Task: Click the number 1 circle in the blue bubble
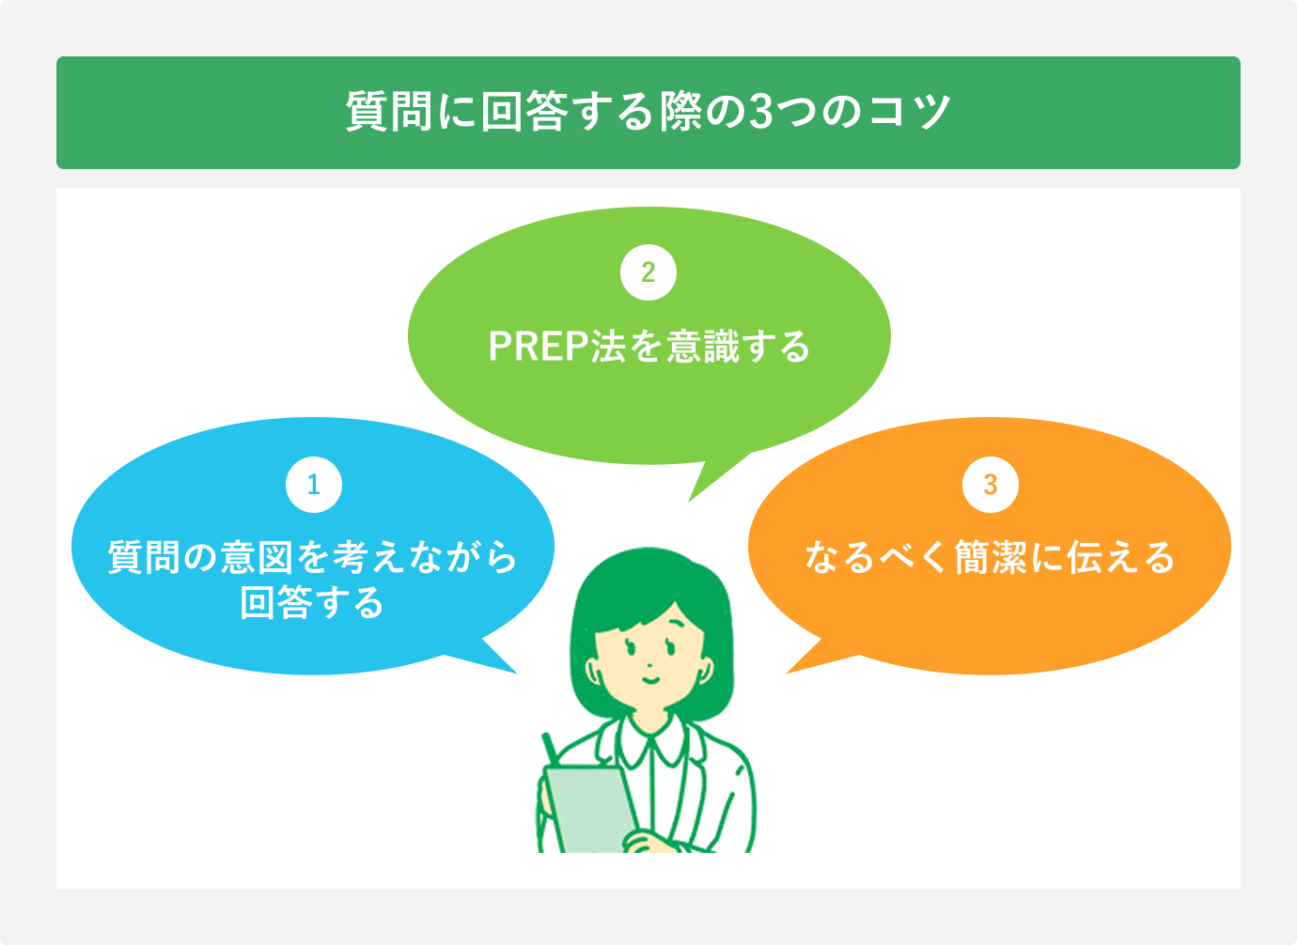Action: pyautogui.click(x=314, y=485)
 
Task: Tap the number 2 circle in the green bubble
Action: pyautogui.click(x=648, y=272)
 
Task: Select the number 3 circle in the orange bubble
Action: pyautogui.click(x=991, y=485)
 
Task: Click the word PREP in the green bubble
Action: pyautogui.click(x=539, y=347)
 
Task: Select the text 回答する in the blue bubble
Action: pyautogui.click(x=313, y=602)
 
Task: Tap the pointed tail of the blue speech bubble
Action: pyautogui.click(x=503, y=663)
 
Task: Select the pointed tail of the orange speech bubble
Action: pyautogui.click(x=801, y=663)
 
